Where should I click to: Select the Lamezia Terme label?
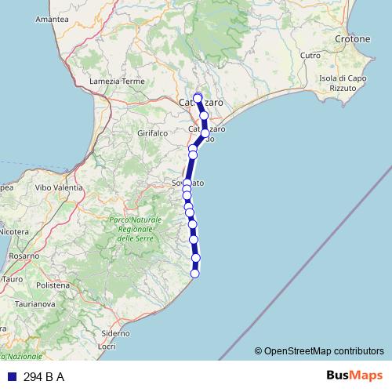[x=118, y=81]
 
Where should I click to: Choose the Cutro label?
[x=310, y=56]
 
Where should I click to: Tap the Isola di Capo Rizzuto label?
[x=339, y=83]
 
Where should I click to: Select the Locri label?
[x=107, y=346]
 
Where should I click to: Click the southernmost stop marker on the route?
[x=195, y=273]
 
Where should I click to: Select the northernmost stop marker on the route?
[x=198, y=98]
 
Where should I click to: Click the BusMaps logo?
[x=354, y=376]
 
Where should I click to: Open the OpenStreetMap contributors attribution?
[x=324, y=351]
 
